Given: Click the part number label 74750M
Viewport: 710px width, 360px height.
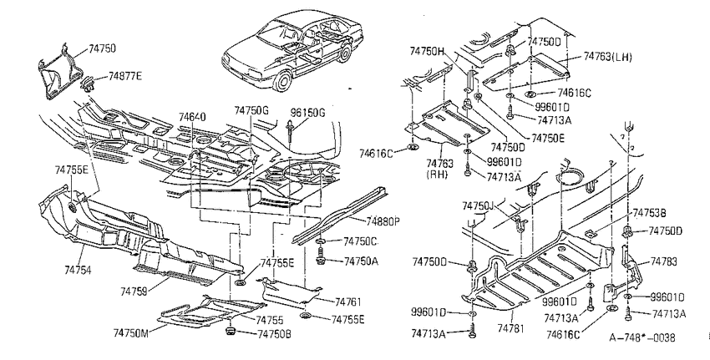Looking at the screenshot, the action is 131,333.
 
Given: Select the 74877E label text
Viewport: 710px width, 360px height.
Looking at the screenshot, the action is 125,76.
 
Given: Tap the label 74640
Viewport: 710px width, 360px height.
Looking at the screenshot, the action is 192,117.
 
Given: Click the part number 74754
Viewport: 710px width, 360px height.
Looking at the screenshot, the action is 78,271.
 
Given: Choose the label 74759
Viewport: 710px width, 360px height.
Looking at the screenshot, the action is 134,292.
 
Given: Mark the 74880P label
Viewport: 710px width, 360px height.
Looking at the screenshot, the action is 383,221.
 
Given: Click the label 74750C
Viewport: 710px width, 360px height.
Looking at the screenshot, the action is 361,241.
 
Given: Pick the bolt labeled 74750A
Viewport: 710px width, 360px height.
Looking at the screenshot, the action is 321,260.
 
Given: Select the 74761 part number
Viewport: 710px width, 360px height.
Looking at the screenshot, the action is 348,302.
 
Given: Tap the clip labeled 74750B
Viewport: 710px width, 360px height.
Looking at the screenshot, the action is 230,332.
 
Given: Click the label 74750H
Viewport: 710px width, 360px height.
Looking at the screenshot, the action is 427,51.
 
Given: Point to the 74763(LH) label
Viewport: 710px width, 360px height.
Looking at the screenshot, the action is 607,56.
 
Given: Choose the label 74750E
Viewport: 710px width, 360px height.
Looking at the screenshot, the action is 548,138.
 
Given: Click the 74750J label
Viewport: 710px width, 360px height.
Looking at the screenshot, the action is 478,206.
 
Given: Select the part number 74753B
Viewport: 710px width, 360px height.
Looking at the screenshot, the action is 649,212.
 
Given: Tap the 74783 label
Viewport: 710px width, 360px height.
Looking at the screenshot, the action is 664,261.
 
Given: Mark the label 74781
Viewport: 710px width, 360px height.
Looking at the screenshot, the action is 510,328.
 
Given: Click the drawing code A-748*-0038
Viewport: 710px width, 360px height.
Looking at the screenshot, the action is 642,337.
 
